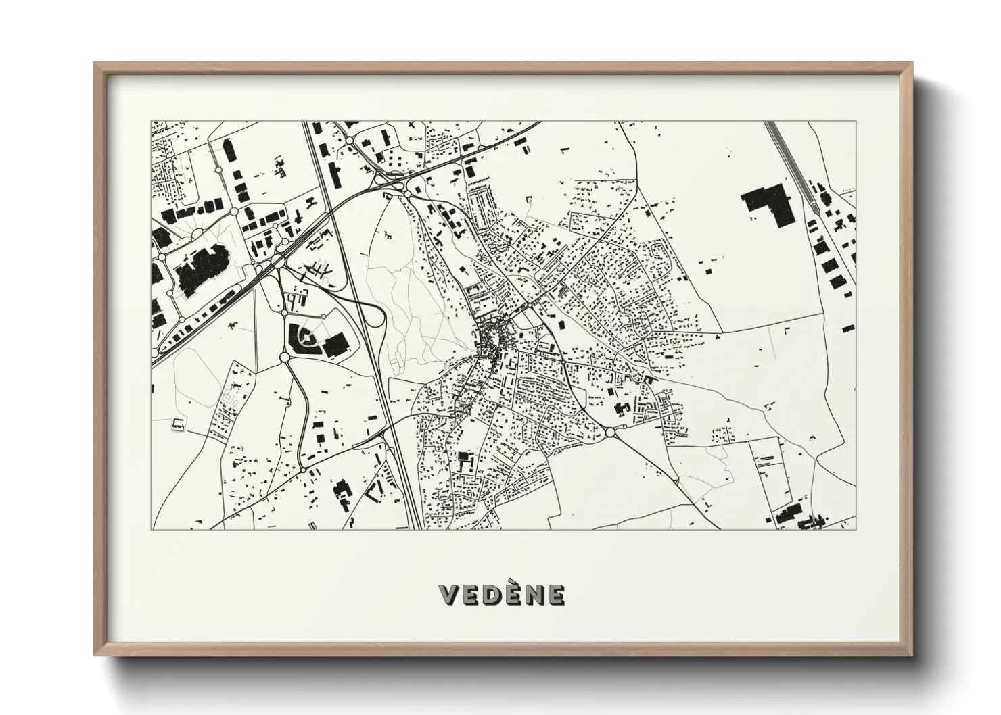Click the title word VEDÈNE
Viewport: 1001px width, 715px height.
point(501,595)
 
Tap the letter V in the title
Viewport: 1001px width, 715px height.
point(448,595)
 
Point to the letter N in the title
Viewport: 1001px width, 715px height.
point(534,595)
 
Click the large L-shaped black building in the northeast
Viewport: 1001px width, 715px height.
point(765,201)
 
